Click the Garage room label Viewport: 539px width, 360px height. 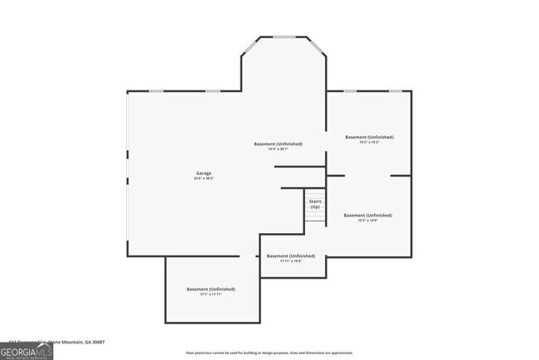coord(203,173)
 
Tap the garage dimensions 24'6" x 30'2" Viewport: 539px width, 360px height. coord(203,178)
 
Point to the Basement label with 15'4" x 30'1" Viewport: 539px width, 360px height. coord(278,144)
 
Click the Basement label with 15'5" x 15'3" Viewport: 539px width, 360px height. coord(369,137)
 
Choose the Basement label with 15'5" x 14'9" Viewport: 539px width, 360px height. coord(367,215)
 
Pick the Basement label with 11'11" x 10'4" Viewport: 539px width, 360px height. coord(290,256)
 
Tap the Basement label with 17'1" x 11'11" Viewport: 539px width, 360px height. coord(211,289)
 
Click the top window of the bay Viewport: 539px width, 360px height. coord(284,36)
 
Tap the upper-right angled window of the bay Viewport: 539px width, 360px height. coord(317,46)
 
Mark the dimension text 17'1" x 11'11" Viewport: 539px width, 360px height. coord(211,294)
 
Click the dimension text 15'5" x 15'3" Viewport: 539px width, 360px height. coord(369,142)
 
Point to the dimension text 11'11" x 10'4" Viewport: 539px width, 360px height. coord(290,261)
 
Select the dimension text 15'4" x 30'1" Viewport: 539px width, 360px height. coord(278,149)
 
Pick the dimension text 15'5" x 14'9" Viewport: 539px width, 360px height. coord(367,221)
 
